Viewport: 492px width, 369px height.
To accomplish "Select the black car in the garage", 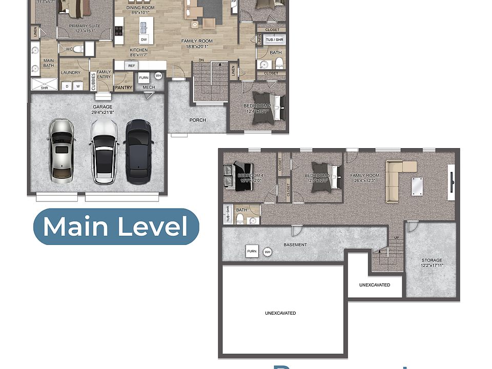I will [138, 151].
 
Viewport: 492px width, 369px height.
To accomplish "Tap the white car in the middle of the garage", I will [104, 152].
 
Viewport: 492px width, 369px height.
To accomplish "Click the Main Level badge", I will [116, 227].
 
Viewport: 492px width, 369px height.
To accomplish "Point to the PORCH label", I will [197, 120].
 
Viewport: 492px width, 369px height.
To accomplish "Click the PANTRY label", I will [124, 88].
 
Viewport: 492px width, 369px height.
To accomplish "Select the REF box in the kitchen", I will [131, 66].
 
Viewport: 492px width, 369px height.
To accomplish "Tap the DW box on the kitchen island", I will [144, 39].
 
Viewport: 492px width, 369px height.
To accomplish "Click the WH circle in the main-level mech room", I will [158, 76].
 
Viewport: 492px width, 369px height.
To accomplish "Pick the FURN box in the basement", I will [252, 251].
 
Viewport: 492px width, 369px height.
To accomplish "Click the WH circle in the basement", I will [267, 252].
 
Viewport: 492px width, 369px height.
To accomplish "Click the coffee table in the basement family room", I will [416, 186].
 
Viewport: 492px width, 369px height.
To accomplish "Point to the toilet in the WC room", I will [77, 49].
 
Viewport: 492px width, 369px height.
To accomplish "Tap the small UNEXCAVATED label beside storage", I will [375, 285].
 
